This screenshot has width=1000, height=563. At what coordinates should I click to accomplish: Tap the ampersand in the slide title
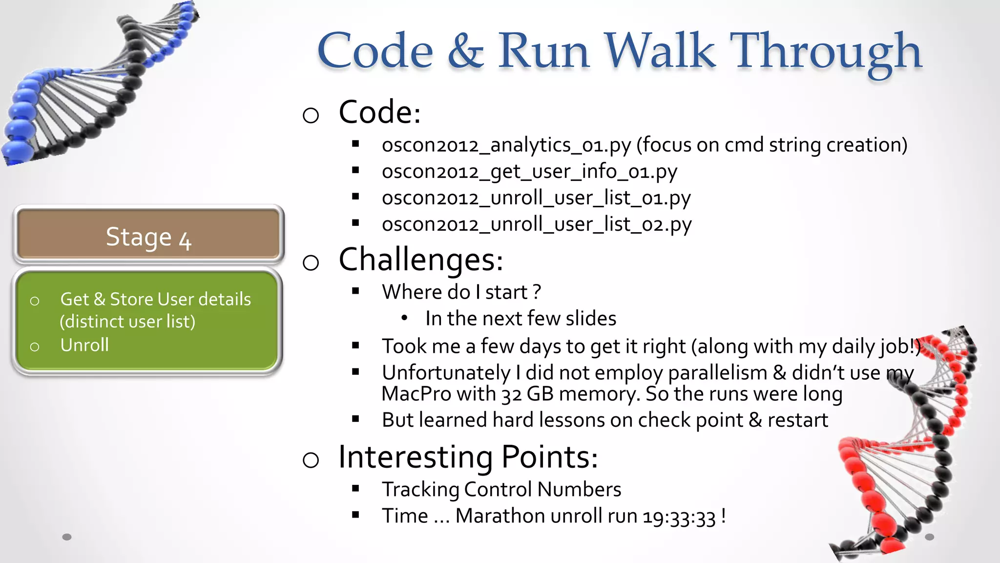465,51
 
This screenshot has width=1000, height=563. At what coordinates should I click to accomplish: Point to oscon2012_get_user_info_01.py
529,172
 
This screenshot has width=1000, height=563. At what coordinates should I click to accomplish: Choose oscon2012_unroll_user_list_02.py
536,225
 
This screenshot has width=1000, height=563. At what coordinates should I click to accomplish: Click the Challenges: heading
420,260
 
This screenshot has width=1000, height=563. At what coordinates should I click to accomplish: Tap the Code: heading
379,112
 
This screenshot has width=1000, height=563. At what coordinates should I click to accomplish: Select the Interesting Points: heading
468,457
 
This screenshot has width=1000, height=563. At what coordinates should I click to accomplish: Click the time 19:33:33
679,517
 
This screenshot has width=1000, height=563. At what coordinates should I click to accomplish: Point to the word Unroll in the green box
84,345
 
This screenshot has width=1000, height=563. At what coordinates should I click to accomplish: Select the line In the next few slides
521,319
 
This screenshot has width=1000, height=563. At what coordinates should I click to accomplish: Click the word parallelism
717,373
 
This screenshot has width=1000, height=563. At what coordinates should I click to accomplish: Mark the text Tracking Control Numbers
501,490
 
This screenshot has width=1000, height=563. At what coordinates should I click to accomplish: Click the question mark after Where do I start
537,292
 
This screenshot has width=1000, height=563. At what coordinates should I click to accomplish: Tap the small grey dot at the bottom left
67,537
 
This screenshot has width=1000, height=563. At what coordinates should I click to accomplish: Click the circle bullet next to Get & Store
35,301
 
